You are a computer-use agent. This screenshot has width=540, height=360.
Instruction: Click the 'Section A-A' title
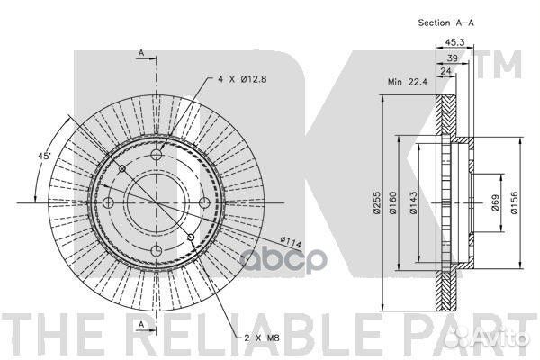click(446, 22)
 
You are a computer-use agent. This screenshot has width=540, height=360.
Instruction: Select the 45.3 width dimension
click(454, 42)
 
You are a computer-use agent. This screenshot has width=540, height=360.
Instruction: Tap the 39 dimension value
click(452, 58)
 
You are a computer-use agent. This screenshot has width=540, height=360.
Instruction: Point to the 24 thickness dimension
click(445, 71)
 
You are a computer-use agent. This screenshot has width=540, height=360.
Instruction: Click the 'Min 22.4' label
click(408, 82)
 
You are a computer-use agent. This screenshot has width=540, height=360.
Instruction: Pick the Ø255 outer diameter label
click(377, 202)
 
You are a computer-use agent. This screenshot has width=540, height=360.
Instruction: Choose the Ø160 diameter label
click(393, 202)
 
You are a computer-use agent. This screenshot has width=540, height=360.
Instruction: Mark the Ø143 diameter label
click(413, 202)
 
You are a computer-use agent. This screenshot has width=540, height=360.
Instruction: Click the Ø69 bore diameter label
click(495, 202)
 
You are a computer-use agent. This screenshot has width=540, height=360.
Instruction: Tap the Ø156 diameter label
click(514, 202)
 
